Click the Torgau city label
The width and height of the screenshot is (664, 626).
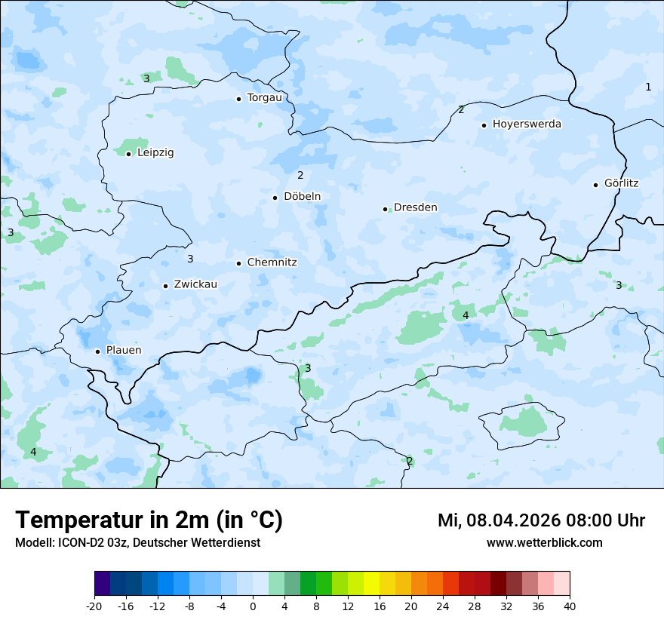pos(264,98)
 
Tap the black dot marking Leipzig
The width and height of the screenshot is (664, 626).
pos(128,153)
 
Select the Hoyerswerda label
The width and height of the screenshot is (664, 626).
pos(527,124)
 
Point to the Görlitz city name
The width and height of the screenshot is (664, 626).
pos(621,183)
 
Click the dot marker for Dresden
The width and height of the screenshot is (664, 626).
pos(385,208)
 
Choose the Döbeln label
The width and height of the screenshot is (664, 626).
pos(302,197)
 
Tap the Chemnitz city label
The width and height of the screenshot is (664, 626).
pos(272,263)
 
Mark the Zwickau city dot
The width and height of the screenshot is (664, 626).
pos(165,286)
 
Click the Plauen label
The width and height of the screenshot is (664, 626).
pos(123,351)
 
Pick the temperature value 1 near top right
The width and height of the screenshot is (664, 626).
pos(648,87)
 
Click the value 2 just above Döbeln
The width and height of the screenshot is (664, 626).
pos(300,176)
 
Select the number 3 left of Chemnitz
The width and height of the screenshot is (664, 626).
pos(190,259)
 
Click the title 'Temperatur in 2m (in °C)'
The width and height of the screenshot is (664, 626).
pos(149,520)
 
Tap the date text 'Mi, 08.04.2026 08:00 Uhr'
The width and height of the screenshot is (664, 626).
pos(541,520)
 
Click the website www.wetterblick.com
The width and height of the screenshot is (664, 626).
pos(544,543)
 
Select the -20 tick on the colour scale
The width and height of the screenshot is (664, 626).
pos(94,606)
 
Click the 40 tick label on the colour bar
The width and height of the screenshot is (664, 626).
pos(570,606)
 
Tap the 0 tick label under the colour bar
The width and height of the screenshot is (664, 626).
pos(253,606)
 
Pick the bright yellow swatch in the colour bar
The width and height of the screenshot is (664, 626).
pos(371,584)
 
